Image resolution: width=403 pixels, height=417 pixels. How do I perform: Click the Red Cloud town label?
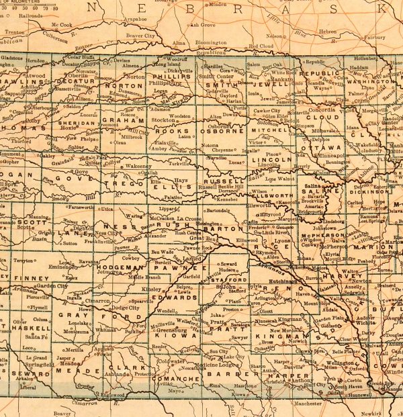tap(261, 46)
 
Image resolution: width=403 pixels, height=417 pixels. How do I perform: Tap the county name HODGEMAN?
tap(118, 267)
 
